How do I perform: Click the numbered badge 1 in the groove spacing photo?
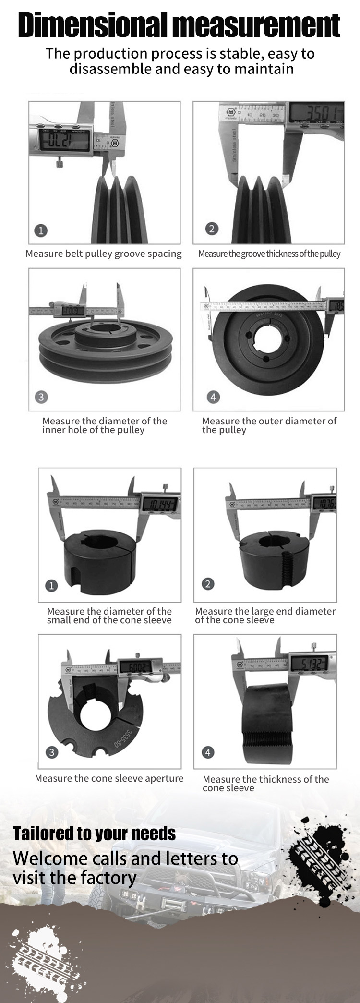coord(41,230)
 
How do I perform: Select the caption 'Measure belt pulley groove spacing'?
coord(104,254)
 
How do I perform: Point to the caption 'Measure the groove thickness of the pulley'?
coord(269,254)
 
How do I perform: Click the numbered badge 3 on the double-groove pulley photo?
coord(41,397)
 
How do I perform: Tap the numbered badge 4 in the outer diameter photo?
coord(213,397)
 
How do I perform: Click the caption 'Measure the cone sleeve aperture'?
coord(109,778)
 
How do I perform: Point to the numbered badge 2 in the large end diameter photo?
coord(208,584)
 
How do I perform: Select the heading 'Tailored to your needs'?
coord(95,833)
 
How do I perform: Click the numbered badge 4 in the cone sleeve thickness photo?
coord(208,752)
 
